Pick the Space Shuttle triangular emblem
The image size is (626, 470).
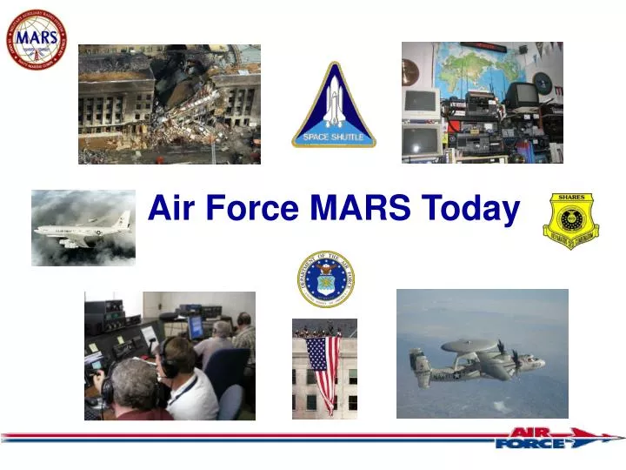tap(334, 105)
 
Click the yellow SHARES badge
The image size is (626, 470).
tap(571, 218)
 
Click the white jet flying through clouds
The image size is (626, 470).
tap(83, 230)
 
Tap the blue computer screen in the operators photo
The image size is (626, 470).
tap(196, 327)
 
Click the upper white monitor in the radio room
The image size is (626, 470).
tap(420, 103)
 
